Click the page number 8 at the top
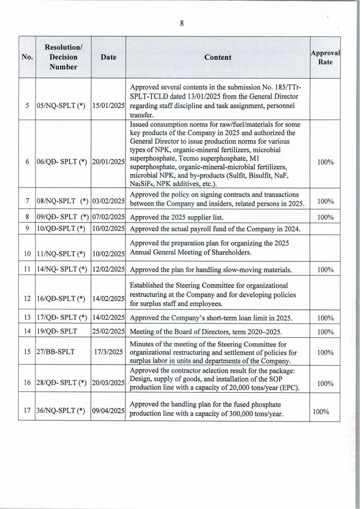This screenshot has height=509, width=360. tap(181, 24)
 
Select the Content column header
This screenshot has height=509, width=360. tap(218, 57)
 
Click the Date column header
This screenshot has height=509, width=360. tap(109, 57)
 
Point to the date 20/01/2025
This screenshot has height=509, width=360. tap(109, 162)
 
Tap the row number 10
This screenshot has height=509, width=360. tap(28, 254)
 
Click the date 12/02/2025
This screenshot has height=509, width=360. tap(109, 270)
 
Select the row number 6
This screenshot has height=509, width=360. tap(28, 162)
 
